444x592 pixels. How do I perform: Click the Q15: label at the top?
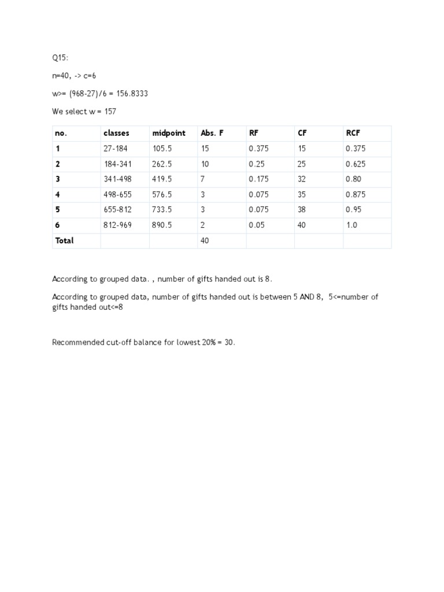(60, 58)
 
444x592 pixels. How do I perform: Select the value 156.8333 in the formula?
(131, 94)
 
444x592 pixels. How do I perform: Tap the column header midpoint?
(169, 133)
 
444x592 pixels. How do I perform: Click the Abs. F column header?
(212, 133)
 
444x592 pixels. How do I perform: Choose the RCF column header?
(353, 133)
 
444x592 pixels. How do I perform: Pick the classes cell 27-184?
(116, 149)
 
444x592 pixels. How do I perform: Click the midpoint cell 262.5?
(162, 164)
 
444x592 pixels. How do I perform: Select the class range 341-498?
(117, 179)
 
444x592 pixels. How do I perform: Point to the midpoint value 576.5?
(162, 195)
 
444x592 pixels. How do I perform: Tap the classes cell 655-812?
(117, 210)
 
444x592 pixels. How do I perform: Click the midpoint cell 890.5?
(162, 225)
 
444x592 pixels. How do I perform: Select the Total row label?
(64, 240)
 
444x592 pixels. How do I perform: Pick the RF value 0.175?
(259, 179)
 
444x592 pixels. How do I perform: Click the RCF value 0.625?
(356, 164)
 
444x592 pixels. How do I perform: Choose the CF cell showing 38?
(302, 210)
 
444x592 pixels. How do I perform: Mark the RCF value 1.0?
(351, 225)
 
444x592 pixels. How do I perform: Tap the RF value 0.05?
(257, 225)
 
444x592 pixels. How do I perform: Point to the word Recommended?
(75, 342)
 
